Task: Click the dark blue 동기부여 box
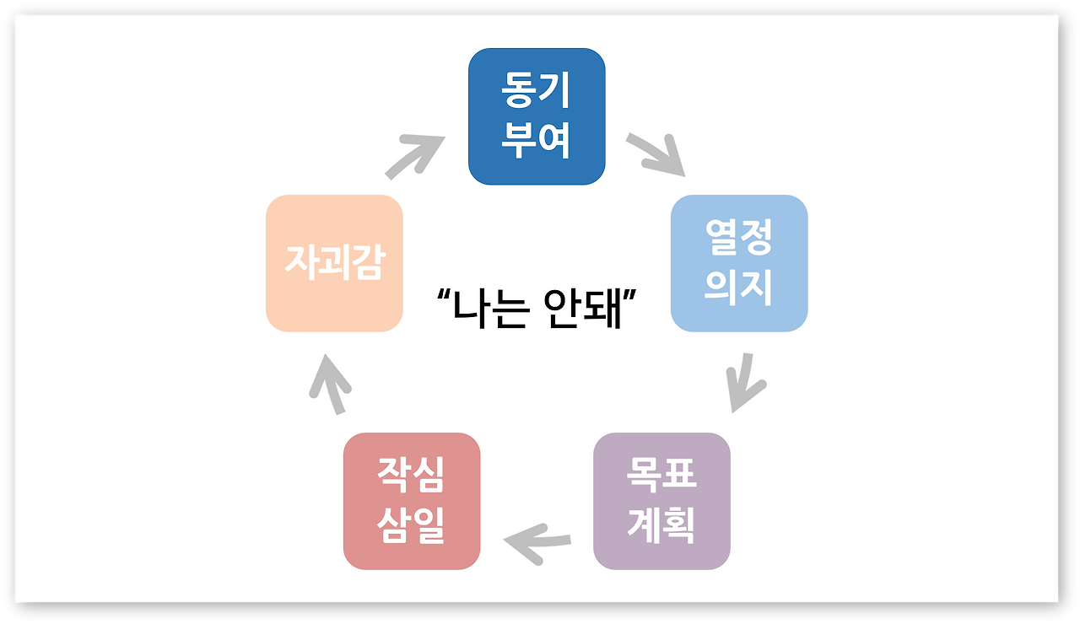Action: tap(537, 116)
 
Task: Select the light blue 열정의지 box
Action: tap(739, 263)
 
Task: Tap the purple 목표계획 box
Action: tap(661, 501)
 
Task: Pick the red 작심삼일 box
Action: tap(412, 501)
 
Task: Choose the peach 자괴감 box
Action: tap(334, 263)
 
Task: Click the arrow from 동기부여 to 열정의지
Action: tap(656, 153)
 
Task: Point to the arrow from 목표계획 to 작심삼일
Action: tap(537, 541)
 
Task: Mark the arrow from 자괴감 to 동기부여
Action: tap(416, 155)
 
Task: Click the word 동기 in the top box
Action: tap(537, 91)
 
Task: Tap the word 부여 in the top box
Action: tap(537, 140)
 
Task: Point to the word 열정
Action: tap(739, 239)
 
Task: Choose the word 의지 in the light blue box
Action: tap(739, 288)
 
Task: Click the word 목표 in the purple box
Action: tap(661, 476)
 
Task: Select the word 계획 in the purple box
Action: tap(661, 525)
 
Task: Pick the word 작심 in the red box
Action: tap(412, 476)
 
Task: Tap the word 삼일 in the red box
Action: tap(412, 525)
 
